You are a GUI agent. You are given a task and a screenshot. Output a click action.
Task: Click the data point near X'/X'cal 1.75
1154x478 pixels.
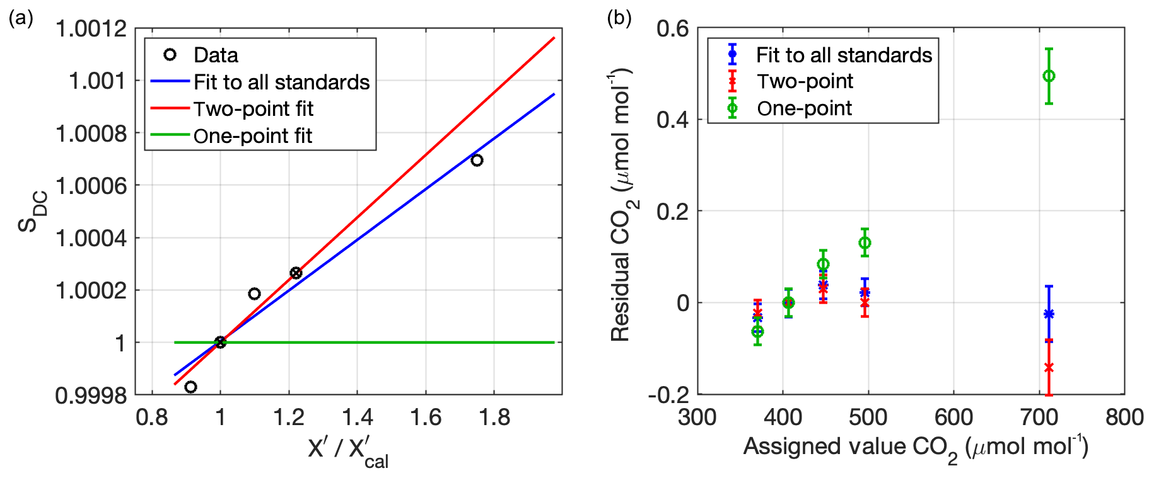[x=477, y=160]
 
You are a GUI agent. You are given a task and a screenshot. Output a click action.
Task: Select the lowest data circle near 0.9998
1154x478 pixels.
[x=190, y=387]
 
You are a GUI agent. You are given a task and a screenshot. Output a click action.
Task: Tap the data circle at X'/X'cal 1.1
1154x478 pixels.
[x=254, y=293]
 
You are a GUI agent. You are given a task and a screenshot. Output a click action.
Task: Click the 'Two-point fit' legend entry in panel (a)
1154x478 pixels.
[x=253, y=109]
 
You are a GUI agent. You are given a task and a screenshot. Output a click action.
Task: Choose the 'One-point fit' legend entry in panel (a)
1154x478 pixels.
[x=252, y=136]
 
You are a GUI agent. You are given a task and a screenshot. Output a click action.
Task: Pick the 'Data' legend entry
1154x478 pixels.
[x=216, y=55]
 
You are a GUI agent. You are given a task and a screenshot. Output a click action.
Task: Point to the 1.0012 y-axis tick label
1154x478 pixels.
[x=91, y=28]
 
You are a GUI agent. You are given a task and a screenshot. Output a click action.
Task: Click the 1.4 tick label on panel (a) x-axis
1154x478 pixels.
[x=357, y=417]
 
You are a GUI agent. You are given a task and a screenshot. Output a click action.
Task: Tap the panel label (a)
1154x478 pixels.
[x=21, y=18]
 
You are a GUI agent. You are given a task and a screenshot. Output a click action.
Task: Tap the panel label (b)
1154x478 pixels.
[x=619, y=18]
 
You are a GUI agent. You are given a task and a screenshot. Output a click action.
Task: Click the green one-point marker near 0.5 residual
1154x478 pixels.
[x=1049, y=76]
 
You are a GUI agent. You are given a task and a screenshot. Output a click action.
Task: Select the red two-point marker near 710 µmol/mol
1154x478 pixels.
[x=1049, y=368]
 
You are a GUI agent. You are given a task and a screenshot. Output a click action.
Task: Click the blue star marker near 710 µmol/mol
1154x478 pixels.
[x=1049, y=314]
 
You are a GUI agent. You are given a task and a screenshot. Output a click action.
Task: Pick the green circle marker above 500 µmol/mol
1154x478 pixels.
[x=865, y=242]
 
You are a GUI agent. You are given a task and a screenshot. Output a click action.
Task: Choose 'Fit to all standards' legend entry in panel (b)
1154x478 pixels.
[x=843, y=55]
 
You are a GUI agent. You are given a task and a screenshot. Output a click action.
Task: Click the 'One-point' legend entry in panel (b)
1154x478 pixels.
[x=804, y=108]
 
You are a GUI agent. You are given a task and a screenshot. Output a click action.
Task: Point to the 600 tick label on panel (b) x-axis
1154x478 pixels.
[x=953, y=417]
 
